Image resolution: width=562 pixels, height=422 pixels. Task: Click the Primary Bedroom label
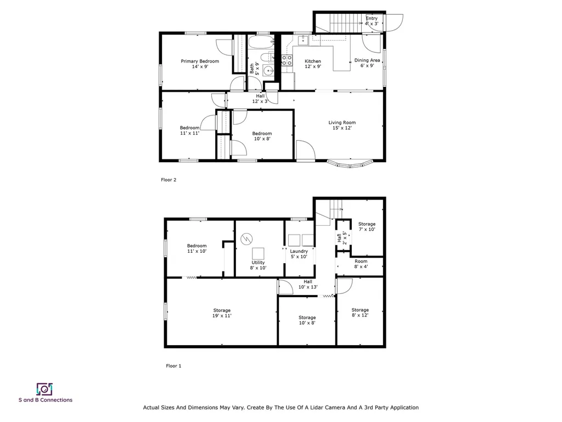(x=200, y=64)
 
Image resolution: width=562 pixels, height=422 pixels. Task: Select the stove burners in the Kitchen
(x=286, y=60)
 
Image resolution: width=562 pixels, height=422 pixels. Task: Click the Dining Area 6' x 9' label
(x=367, y=63)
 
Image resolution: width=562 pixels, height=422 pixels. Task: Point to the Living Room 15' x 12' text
(x=342, y=125)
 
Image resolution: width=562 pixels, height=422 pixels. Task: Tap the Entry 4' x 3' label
(x=372, y=21)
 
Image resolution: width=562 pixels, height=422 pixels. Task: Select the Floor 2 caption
(x=168, y=180)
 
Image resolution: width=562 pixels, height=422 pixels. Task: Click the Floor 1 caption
(x=173, y=366)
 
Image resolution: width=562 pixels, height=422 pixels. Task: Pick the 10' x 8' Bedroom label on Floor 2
(x=262, y=136)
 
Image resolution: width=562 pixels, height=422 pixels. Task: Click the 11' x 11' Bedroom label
(x=189, y=130)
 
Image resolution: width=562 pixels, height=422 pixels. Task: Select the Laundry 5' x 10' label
(x=299, y=254)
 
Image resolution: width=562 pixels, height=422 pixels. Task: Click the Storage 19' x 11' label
(x=222, y=313)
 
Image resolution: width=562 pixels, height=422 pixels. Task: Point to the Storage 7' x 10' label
(x=367, y=226)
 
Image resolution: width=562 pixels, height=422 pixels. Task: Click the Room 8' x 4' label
(x=361, y=264)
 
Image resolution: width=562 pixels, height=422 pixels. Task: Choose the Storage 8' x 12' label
(x=360, y=313)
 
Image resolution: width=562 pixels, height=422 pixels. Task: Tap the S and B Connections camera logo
(x=44, y=389)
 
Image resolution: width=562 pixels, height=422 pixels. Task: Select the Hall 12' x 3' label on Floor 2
(x=260, y=98)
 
